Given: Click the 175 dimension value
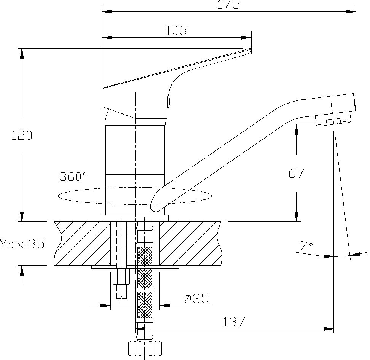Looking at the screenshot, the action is click(x=228, y=4).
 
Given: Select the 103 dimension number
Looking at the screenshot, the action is click(x=177, y=31).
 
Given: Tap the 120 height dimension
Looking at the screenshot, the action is click(x=22, y=135).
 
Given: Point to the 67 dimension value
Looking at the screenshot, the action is click(x=297, y=173).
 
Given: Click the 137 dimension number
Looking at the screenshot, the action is click(x=234, y=322).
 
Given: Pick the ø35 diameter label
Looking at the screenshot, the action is click(x=196, y=298).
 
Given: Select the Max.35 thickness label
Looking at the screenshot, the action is click(x=22, y=244).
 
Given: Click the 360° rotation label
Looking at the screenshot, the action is click(x=73, y=177).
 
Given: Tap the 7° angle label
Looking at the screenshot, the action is click(x=306, y=246).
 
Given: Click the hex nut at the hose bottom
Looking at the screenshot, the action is click(x=145, y=348).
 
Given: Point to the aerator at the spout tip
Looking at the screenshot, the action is click(x=333, y=119).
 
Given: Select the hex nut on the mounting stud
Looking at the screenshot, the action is click(x=121, y=276).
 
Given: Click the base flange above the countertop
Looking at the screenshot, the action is click(x=135, y=218).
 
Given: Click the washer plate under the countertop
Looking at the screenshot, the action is click(x=135, y=267).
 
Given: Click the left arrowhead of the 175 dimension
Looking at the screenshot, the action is click(x=107, y=11).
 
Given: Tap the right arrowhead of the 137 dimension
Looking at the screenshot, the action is click(x=329, y=329).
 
